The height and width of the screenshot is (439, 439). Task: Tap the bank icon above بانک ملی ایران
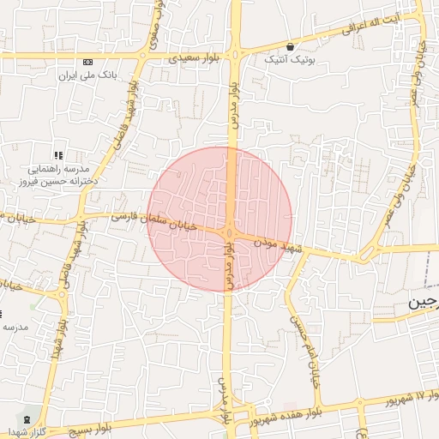[88, 63]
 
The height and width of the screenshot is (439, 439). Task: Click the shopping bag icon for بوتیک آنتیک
[292, 47]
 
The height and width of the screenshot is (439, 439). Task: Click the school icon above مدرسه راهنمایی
[59, 155]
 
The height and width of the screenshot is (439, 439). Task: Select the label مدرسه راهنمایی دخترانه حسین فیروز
[59, 176]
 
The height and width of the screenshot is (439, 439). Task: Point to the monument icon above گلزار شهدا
[26, 418]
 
